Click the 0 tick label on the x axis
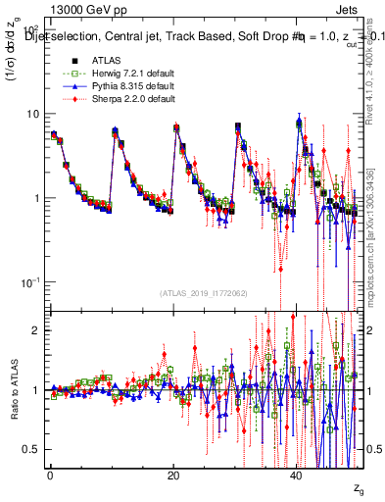click(x=49, y=474)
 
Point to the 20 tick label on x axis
click(x=172, y=474)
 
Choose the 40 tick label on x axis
click(x=297, y=474)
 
